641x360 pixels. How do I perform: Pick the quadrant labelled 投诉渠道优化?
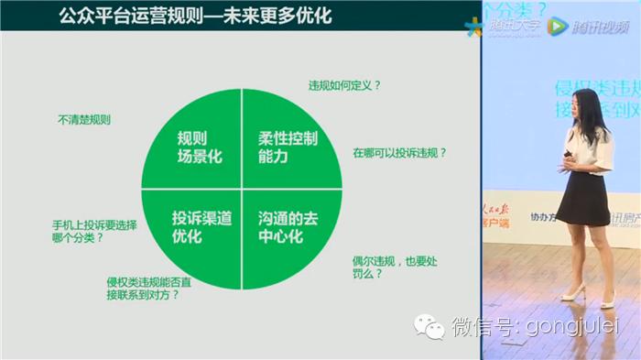tap(200, 225)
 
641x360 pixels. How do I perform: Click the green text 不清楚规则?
tap(83, 120)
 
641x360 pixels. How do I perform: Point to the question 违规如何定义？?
tap(344, 86)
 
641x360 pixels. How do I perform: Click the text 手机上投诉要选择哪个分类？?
tap(94, 231)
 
